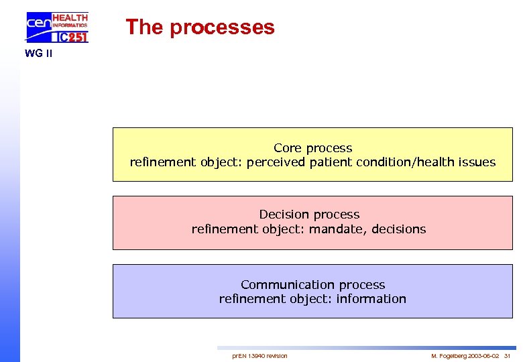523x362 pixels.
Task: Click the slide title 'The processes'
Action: (x=200, y=27)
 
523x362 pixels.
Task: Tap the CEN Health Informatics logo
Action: (x=56, y=27)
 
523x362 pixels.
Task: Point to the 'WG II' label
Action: (x=38, y=54)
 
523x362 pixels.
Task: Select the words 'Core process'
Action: (x=312, y=148)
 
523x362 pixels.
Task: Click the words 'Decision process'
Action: (x=309, y=215)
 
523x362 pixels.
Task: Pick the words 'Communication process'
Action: (x=312, y=285)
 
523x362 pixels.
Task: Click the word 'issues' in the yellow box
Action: (x=477, y=162)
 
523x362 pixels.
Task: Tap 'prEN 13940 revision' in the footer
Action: (x=259, y=355)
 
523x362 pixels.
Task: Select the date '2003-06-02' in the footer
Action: (x=483, y=355)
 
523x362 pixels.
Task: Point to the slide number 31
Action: (x=507, y=355)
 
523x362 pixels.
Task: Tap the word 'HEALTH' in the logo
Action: (x=70, y=17)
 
